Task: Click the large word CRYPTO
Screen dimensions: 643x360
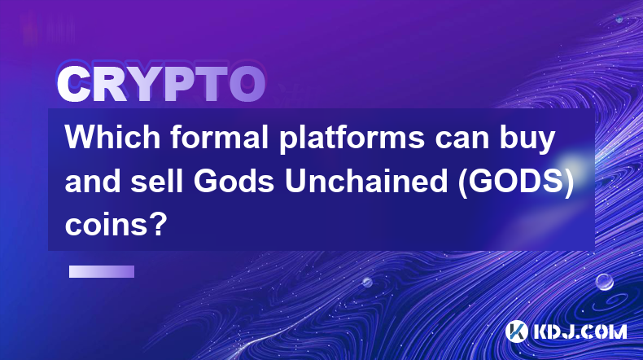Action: pos(161,84)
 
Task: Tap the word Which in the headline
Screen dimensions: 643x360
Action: pos(112,138)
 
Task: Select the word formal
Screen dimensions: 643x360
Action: pos(220,138)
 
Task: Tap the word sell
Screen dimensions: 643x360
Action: pos(156,182)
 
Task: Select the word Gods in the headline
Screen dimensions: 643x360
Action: pos(234,182)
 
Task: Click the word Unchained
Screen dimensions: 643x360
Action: pos(366,182)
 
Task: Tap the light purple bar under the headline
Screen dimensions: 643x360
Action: pos(102,271)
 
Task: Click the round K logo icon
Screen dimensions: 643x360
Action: pos(516,331)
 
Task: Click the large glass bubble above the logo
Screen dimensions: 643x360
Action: pos(605,282)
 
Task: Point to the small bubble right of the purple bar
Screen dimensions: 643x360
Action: pos(367,282)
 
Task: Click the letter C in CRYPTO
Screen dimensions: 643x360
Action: pos(73,84)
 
